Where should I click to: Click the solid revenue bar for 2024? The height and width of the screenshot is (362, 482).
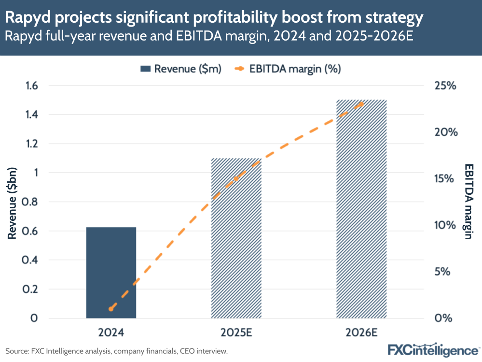pyautogui.click(x=111, y=273)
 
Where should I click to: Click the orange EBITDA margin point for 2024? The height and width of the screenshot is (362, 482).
pyautogui.click(x=111, y=308)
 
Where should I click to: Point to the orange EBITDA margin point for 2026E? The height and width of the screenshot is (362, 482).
pyautogui.click(x=361, y=103)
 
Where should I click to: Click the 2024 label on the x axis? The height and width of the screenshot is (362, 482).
pyautogui.click(x=111, y=333)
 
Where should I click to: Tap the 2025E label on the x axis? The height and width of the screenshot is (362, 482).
pyautogui.click(x=236, y=333)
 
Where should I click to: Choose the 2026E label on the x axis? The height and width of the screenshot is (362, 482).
pyautogui.click(x=361, y=333)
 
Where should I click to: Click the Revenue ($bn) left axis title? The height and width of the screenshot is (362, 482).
pyautogui.click(x=13, y=202)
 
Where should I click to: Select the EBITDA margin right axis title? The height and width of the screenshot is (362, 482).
pyautogui.click(x=468, y=202)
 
